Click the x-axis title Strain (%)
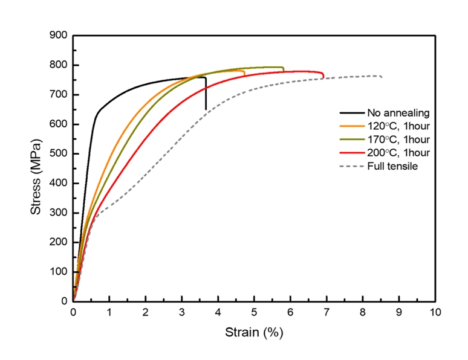254,332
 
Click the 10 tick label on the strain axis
435,313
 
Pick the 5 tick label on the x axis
254,313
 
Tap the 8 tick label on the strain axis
363,313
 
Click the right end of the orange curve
244,74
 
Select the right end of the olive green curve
283,70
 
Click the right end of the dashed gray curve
382,77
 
